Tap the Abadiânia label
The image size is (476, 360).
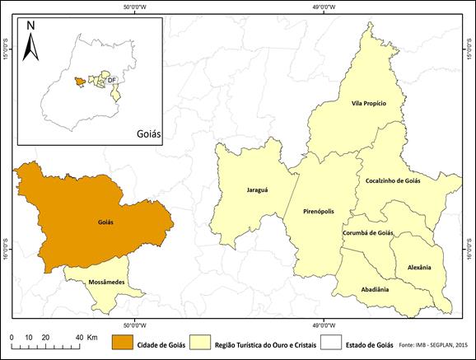click(375, 290)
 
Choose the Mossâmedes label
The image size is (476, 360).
click(105, 282)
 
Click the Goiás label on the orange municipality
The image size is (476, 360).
click(105, 222)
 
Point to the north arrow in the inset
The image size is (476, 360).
click(30, 41)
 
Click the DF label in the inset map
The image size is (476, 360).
click(111, 79)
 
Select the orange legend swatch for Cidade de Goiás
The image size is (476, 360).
click(124, 342)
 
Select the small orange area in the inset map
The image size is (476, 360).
click(78, 81)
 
